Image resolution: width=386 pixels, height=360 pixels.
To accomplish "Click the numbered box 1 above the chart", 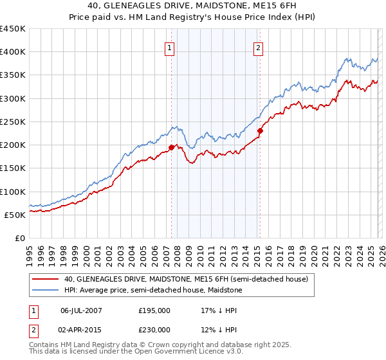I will pos(169,47).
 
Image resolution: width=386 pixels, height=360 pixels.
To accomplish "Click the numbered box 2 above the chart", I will pos(258,47).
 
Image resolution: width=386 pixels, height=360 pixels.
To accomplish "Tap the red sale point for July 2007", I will pos(172,147).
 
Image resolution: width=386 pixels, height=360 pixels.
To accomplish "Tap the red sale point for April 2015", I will pos(260,131).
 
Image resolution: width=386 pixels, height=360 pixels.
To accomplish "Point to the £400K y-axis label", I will pos(13,52).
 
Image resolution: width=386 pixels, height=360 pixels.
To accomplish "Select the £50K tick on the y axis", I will pos(16,215).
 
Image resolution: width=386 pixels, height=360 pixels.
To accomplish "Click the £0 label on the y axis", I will pos(21,239).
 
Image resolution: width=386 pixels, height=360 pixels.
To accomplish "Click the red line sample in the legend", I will pos(46,279).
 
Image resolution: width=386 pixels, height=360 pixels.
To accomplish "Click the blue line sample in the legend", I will pos(46,291).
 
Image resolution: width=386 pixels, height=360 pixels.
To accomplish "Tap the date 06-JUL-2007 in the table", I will pos(82,310).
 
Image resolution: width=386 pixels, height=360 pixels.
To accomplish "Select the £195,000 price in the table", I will pos(154,310).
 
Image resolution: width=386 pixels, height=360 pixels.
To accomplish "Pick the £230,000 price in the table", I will pos(154,329).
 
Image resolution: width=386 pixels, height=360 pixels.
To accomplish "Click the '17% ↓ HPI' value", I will pos(218,310).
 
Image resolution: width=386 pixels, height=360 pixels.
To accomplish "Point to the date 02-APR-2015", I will pos(82,329).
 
